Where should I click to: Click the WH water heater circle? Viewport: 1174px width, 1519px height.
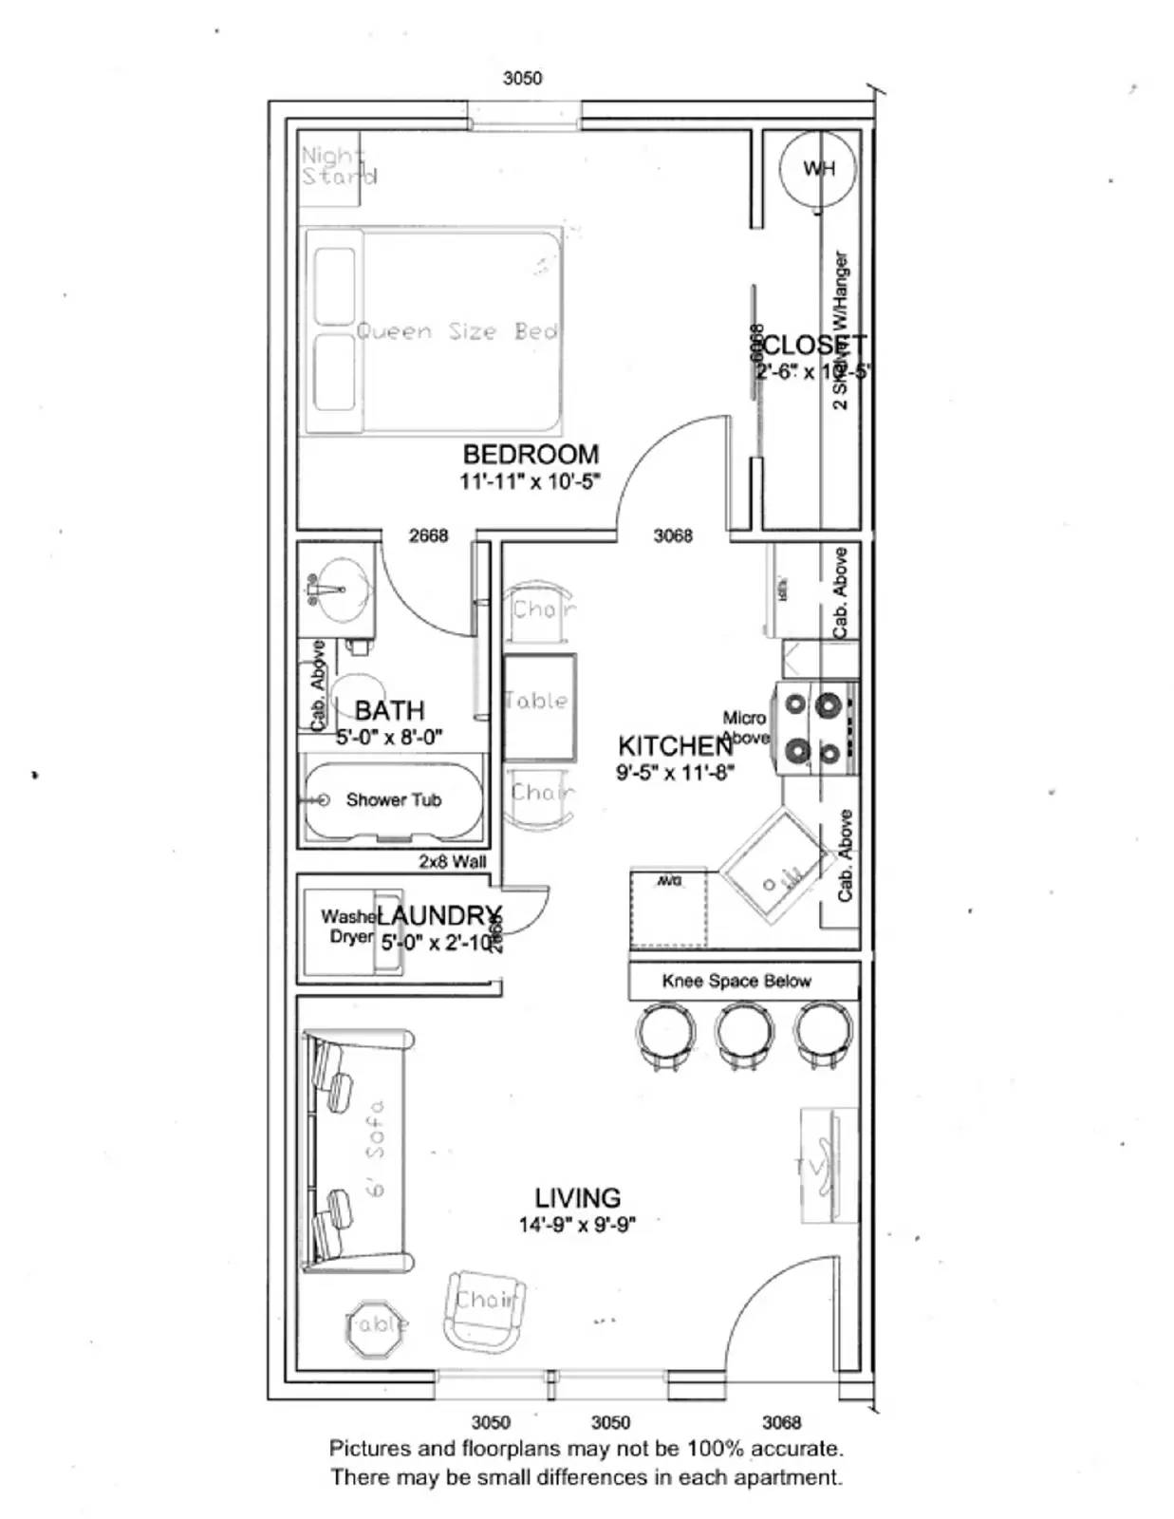coord(817,168)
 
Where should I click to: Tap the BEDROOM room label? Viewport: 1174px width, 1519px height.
coord(531,455)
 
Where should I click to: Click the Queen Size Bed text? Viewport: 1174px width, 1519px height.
coord(457,331)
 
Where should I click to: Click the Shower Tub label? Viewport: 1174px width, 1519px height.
coord(393,800)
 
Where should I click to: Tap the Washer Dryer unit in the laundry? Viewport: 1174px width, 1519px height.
coord(349,928)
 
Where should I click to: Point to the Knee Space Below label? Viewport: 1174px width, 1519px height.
coord(736,981)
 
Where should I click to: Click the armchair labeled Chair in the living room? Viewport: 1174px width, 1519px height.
coord(485,1311)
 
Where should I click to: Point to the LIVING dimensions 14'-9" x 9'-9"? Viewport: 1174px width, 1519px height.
coord(577,1225)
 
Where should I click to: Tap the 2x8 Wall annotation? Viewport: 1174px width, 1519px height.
coord(453,862)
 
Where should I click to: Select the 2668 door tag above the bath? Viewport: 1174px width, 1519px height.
coord(428,535)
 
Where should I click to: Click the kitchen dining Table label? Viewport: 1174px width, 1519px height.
coord(537,702)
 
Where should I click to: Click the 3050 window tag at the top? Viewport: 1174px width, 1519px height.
coord(522,78)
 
